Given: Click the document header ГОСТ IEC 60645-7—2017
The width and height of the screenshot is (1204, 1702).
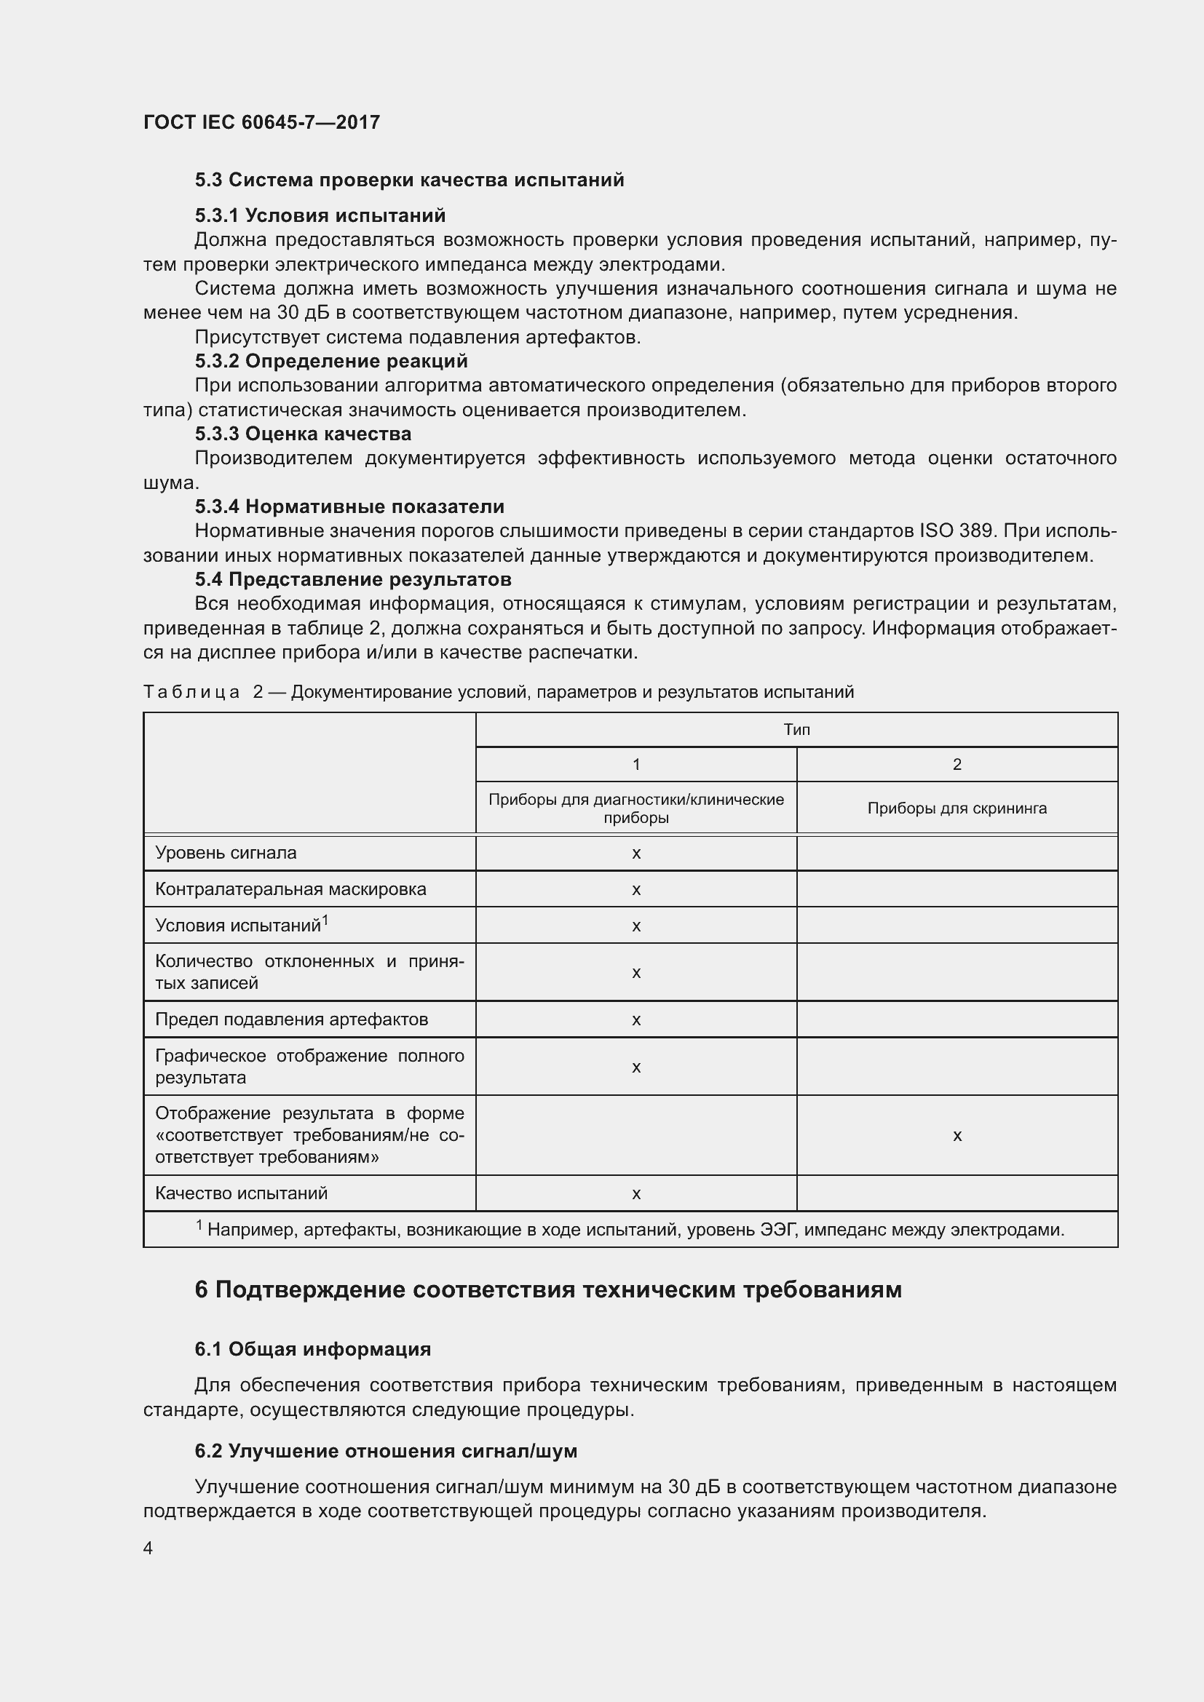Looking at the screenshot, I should tap(261, 122).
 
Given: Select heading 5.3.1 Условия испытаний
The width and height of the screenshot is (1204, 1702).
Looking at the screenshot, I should tap(320, 215).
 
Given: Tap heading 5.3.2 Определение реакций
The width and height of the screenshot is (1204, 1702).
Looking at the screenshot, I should tap(331, 361).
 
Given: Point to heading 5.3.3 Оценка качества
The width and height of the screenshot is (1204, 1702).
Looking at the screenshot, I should tap(304, 434).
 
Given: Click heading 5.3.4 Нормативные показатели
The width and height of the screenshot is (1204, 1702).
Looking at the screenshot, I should tap(349, 506).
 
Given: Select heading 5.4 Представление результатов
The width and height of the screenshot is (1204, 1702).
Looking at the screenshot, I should tap(353, 579).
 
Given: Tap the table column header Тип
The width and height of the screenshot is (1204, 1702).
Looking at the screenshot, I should tap(796, 729).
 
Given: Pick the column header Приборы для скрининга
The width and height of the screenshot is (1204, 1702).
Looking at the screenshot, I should tap(957, 808).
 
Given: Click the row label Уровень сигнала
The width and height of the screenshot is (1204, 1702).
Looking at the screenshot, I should tap(226, 853).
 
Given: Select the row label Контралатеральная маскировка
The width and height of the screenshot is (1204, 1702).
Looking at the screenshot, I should tap(290, 888).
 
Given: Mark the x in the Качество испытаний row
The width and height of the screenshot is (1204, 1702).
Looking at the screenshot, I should tap(635, 1193).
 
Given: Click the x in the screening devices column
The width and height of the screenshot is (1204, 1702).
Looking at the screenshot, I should tap(957, 1136).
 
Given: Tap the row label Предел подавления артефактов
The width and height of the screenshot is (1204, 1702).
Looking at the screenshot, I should tap(291, 1019).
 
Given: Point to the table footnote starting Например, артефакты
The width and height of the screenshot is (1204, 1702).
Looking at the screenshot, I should tap(630, 1230).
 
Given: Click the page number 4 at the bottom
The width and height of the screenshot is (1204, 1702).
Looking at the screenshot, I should tap(148, 1548).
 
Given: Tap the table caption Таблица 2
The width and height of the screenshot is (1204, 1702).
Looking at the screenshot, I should tap(498, 692).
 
